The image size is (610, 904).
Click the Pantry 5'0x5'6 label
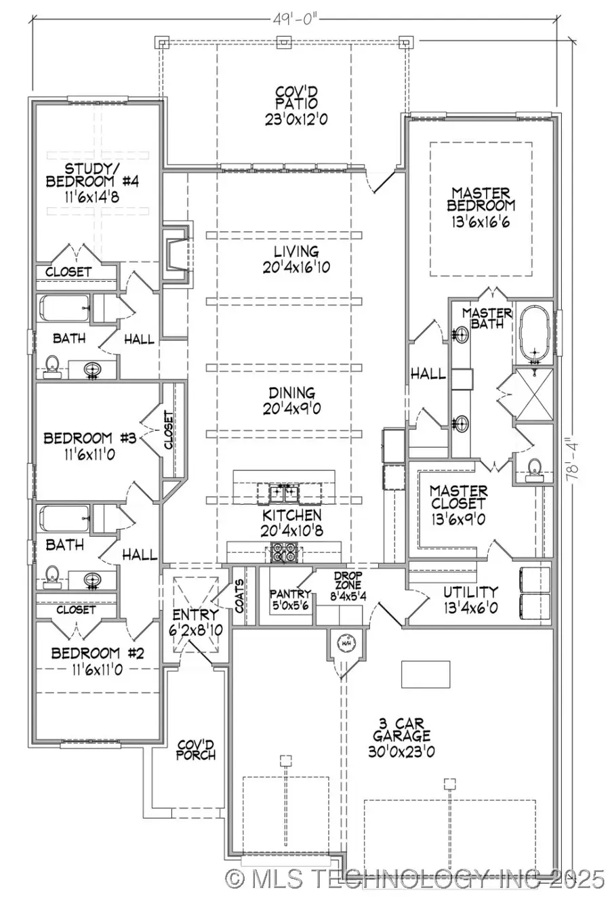coord(290,599)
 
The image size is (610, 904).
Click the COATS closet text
coord(240,596)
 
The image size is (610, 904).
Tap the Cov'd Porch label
coord(197,749)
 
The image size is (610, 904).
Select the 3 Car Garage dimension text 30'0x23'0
coord(401,751)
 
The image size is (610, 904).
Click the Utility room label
coord(470,599)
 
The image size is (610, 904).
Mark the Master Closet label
coord(458,505)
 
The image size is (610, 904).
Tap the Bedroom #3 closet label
coord(168,432)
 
